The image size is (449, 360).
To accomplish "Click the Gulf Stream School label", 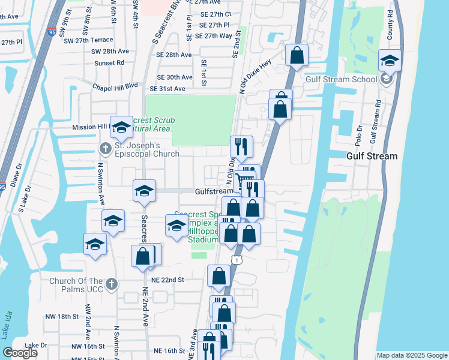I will (x=341, y=79).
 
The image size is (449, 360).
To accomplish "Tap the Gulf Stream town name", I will (x=372, y=156).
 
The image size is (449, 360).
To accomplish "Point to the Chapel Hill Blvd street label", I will (x=115, y=86).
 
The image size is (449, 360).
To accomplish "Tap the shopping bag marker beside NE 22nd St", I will (x=219, y=276).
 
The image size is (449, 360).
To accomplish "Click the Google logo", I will (x=20, y=353).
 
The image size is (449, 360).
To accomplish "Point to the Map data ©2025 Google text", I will (x=411, y=355).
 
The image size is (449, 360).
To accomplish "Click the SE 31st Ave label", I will (x=167, y=89).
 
